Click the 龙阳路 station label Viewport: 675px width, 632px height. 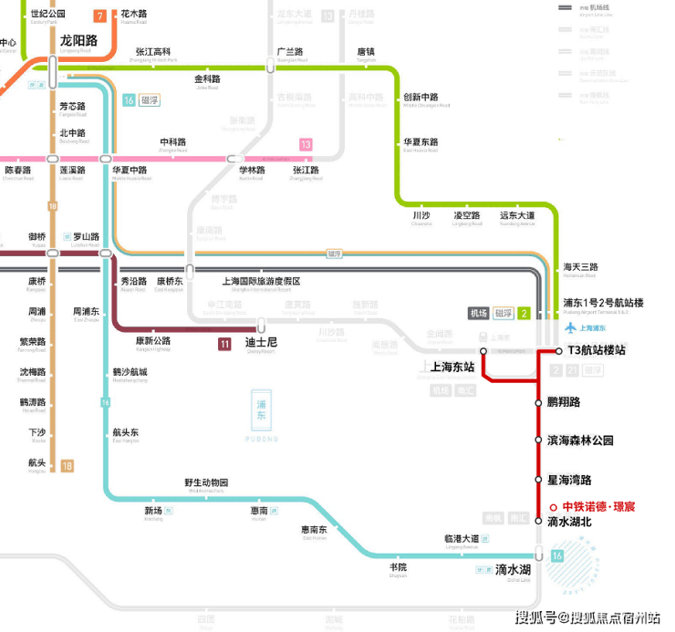pyautogui.click(x=78, y=40)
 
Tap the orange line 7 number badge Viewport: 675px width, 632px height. pyautogui.click(x=99, y=16)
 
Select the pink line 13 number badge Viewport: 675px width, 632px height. pyautogui.click(x=306, y=144)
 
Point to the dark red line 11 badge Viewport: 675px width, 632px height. pyautogui.click(x=224, y=344)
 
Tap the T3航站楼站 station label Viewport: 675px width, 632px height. pyautogui.click(x=597, y=350)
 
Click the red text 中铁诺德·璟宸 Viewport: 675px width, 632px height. pyautogui.click(x=598, y=506)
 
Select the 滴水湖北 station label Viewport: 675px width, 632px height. pyautogui.click(x=569, y=522)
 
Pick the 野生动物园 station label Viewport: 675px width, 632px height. pyautogui.click(x=206, y=482)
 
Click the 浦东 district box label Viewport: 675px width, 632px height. pyautogui.click(x=262, y=416)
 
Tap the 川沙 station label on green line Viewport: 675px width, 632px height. pyautogui.click(x=421, y=215)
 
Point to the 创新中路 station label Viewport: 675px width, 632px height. pyautogui.click(x=421, y=98)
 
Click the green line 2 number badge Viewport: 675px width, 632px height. pyautogui.click(x=524, y=314)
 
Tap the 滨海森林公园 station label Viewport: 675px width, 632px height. pyautogui.click(x=580, y=440)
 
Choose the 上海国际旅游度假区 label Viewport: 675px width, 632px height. pyautogui.click(x=261, y=282)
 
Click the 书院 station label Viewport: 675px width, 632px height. pyautogui.click(x=398, y=567)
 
